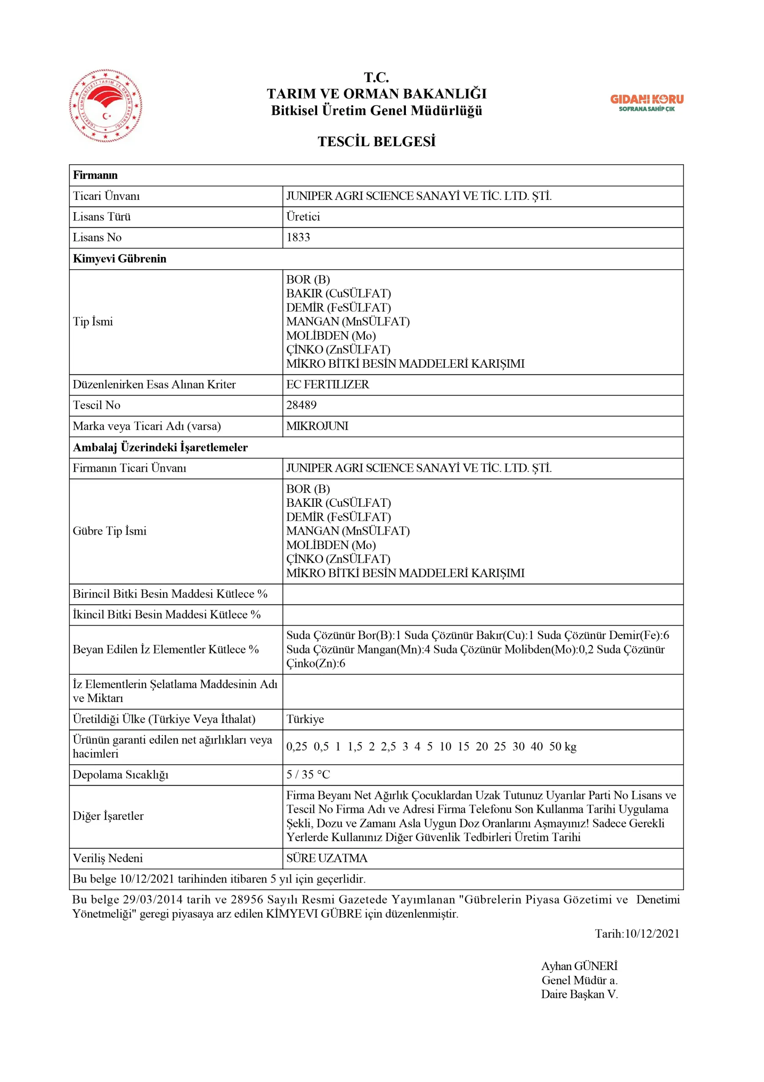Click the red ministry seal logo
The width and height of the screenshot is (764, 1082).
(x=106, y=106)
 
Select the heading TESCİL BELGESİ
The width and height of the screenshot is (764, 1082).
(x=376, y=141)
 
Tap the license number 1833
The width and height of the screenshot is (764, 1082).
(x=298, y=238)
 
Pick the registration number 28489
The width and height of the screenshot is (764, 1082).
(x=302, y=405)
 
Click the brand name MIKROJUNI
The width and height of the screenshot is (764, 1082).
(x=317, y=426)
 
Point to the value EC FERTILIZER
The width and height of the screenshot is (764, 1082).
(x=327, y=385)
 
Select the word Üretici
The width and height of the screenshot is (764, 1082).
(x=303, y=217)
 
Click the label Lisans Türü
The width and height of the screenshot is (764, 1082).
(x=102, y=217)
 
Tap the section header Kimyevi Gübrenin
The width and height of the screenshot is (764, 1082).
(x=120, y=259)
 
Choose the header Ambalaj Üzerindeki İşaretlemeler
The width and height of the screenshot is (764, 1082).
(x=160, y=447)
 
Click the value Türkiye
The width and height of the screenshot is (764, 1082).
(x=305, y=719)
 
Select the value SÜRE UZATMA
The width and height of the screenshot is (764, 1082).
(x=326, y=858)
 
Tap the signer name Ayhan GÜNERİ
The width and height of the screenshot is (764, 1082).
(x=579, y=966)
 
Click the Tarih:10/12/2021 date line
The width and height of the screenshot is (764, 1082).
(x=637, y=934)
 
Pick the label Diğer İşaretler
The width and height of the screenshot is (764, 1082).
(x=108, y=816)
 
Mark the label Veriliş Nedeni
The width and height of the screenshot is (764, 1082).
(x=107, y=858)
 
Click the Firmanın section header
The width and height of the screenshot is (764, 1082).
(x=95, y=175)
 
